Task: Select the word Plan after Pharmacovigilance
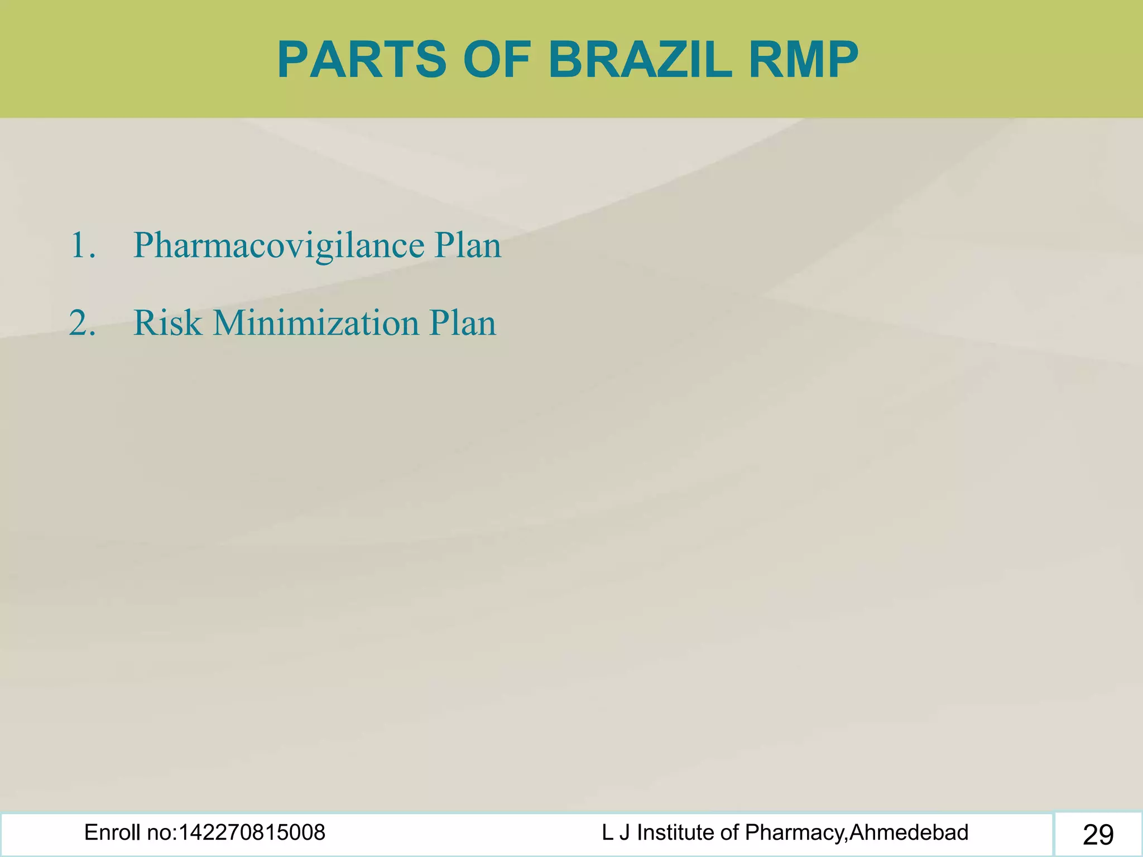click(x=468, y=245)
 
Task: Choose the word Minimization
click(x=316, y=324)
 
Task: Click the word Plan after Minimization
click(x=462, y=324)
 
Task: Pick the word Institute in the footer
click(x=676, y=833)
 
